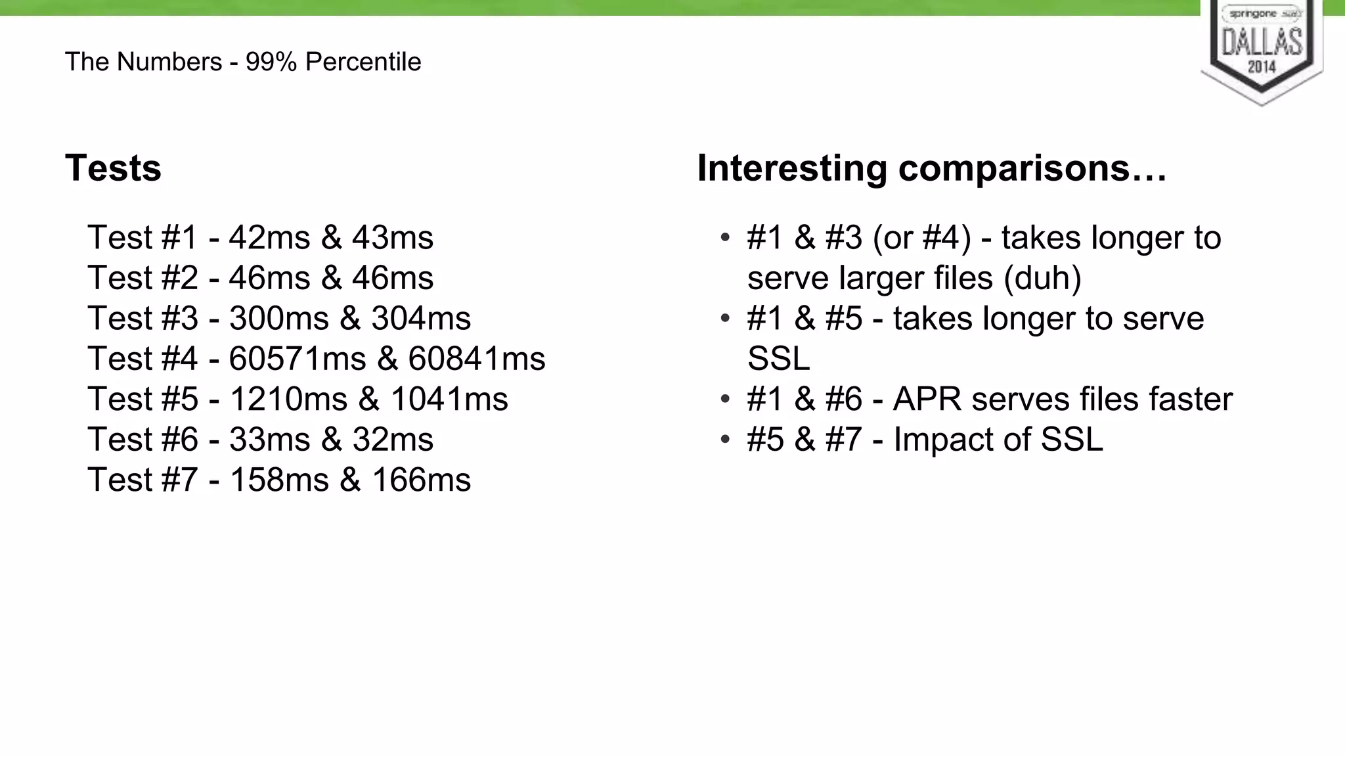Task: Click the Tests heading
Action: coord(113,168)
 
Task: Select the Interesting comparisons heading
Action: coord(931,168)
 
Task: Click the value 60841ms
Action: coord(477,359)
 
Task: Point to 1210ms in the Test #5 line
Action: coord(288,399)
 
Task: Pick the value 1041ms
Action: coord(449,399)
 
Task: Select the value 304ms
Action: coord(421,319)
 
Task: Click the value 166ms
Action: coord(421,480)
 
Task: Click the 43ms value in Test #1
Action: coord(393,238)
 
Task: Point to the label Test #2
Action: coord(143,278)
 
